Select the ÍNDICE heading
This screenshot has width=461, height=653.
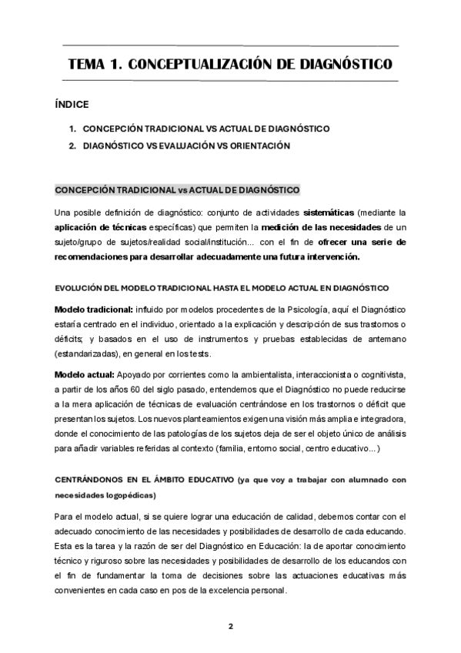click(72, 104)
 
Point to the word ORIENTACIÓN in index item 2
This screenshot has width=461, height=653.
click(257, 146)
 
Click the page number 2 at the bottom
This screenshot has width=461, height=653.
click(230, 626)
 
